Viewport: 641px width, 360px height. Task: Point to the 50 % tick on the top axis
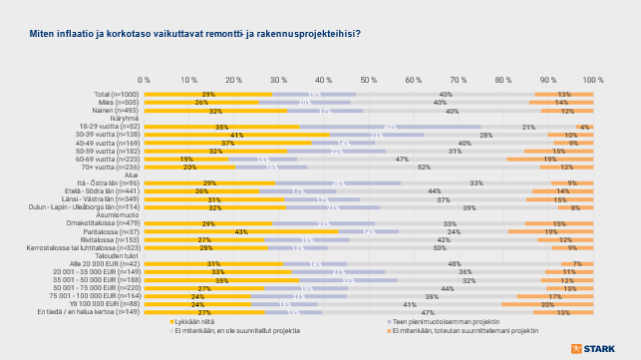tap(368, 79)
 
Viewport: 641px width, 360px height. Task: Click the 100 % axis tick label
tap(592, 79)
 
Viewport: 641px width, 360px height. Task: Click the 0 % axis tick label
tap(145, 79)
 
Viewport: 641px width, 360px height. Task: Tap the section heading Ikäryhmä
tap(124, 118)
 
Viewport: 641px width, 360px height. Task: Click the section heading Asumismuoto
tap(118, 213)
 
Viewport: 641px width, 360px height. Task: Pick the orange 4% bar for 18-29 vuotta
tap(584, 127)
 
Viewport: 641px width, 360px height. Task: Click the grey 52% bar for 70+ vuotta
tap(423, 167)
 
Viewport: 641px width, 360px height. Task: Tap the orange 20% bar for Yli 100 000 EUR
tap(548, 303)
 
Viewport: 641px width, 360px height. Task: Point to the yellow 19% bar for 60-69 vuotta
tap(186, 159)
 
